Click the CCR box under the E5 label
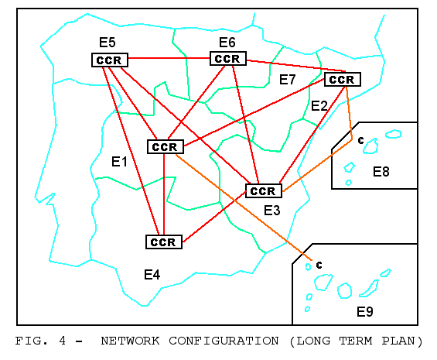coord(110,60)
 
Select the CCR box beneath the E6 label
coord(228,59)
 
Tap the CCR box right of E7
coord(343,80)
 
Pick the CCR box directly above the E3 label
coord(264,191)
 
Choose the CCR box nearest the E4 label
coord(164,242)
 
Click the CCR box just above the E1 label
coord(166,147)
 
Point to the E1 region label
coord(119,162)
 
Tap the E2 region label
coord(319,106)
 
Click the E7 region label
coord(288,80)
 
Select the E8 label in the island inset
coord(381,172)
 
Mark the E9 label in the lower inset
coord(365,312)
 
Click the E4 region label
coord(152,275)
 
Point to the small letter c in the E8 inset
coord(361,140)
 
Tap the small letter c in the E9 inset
coord(319,265)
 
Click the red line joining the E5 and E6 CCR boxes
coord(169,58)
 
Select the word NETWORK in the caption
coord(130,341)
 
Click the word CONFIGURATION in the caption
coord(224,341)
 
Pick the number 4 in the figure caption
coord(63,341)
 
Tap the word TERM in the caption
coord(356,341)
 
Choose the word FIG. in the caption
coord(31,341)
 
